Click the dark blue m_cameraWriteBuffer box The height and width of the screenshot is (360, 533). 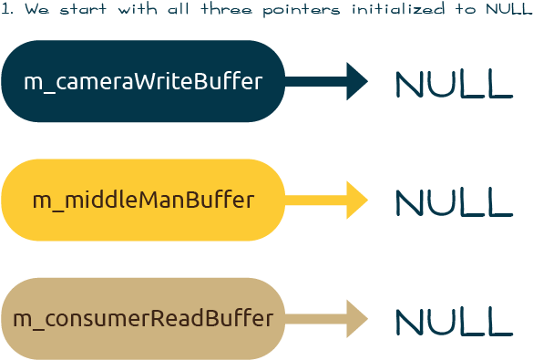tap(143, 81)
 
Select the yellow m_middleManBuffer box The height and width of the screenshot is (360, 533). tap(143, 200)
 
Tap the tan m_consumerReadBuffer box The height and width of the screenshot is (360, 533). tap(143, 319)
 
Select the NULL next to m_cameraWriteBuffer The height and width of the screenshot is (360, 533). tap(454, 84)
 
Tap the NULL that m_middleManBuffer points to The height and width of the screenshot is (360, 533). tap(454, 202)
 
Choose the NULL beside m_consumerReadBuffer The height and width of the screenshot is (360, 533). tap(454, 321)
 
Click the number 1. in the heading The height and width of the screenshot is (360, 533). tap(7, 10)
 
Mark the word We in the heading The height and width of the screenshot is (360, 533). tap(36, 10)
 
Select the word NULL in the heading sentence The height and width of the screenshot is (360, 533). tap(500, 10)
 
